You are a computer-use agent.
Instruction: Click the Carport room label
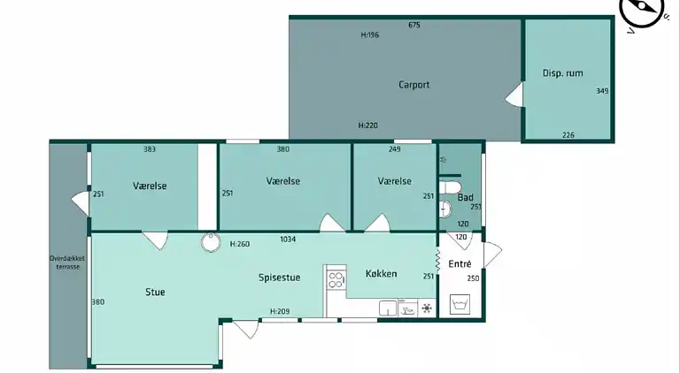point(413,84)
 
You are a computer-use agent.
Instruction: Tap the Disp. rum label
point(562,72)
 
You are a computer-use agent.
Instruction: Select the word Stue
point(155,292)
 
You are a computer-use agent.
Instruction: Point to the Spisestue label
point(279,278)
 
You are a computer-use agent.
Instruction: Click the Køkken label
point(381,273)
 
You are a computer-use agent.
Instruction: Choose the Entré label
point(460,263)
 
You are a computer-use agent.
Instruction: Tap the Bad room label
point(466,197)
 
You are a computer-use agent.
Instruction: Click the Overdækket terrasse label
point(67,263)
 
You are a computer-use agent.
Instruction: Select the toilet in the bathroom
point(450,188)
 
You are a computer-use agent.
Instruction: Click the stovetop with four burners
point(336,279)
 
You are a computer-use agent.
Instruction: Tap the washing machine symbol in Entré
point(460,304)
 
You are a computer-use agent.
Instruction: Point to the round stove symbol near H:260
point(211,242)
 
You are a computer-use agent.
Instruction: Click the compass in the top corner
point(642,11)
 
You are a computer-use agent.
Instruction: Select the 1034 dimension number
point(288,239)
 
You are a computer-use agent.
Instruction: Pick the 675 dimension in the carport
point(414,25)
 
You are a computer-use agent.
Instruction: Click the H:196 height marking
point(370,35)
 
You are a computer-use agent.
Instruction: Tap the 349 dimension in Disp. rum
point(602,91)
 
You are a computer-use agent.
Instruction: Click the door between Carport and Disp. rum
point(514,95)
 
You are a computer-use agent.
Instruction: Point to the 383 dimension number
point(150,149)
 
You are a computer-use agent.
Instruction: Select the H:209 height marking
point(280,311)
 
